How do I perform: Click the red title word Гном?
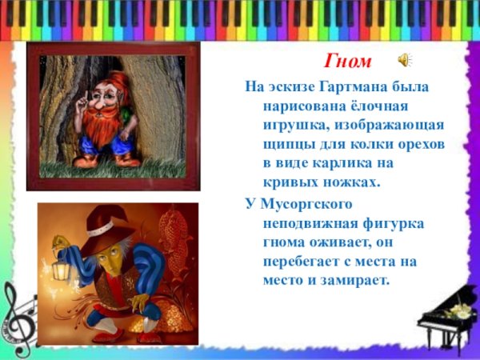[350, 62]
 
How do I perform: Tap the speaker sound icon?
[405, 60]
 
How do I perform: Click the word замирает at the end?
[352, 280]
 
